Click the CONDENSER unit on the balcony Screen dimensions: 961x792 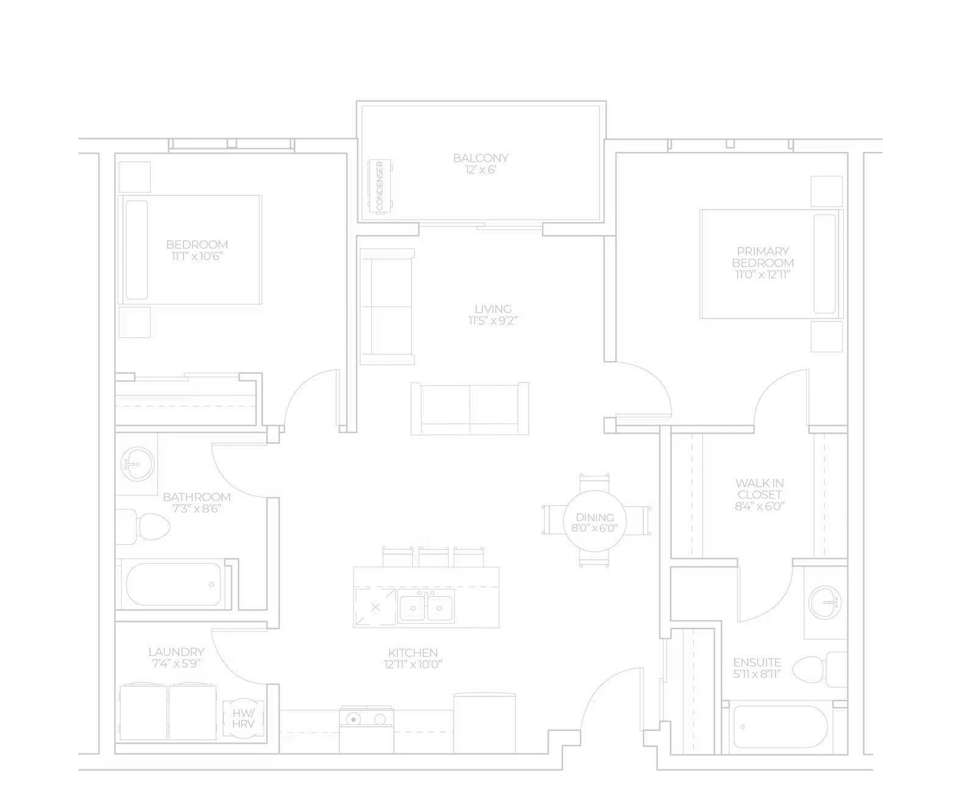(380, 186)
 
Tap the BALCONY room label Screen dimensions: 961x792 (480, 158)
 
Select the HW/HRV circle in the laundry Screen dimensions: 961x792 (243, 718)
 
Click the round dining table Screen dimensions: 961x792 (595, 521)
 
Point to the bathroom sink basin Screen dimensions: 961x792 (137, 463)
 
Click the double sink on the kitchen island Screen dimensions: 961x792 (426, 607)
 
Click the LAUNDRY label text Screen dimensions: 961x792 (176, 652)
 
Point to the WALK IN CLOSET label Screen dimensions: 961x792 (759, 489)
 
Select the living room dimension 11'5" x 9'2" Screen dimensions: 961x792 (493, 321)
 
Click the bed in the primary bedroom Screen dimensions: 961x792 (771, 264)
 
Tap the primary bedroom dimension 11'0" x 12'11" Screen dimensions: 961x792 (763, 275)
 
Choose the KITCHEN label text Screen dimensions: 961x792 (413, 652)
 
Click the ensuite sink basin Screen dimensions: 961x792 (825, 602)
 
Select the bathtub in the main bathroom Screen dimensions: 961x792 (174, 585)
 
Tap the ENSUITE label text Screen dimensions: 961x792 (757, 663)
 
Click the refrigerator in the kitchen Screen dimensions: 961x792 (484, 723)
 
